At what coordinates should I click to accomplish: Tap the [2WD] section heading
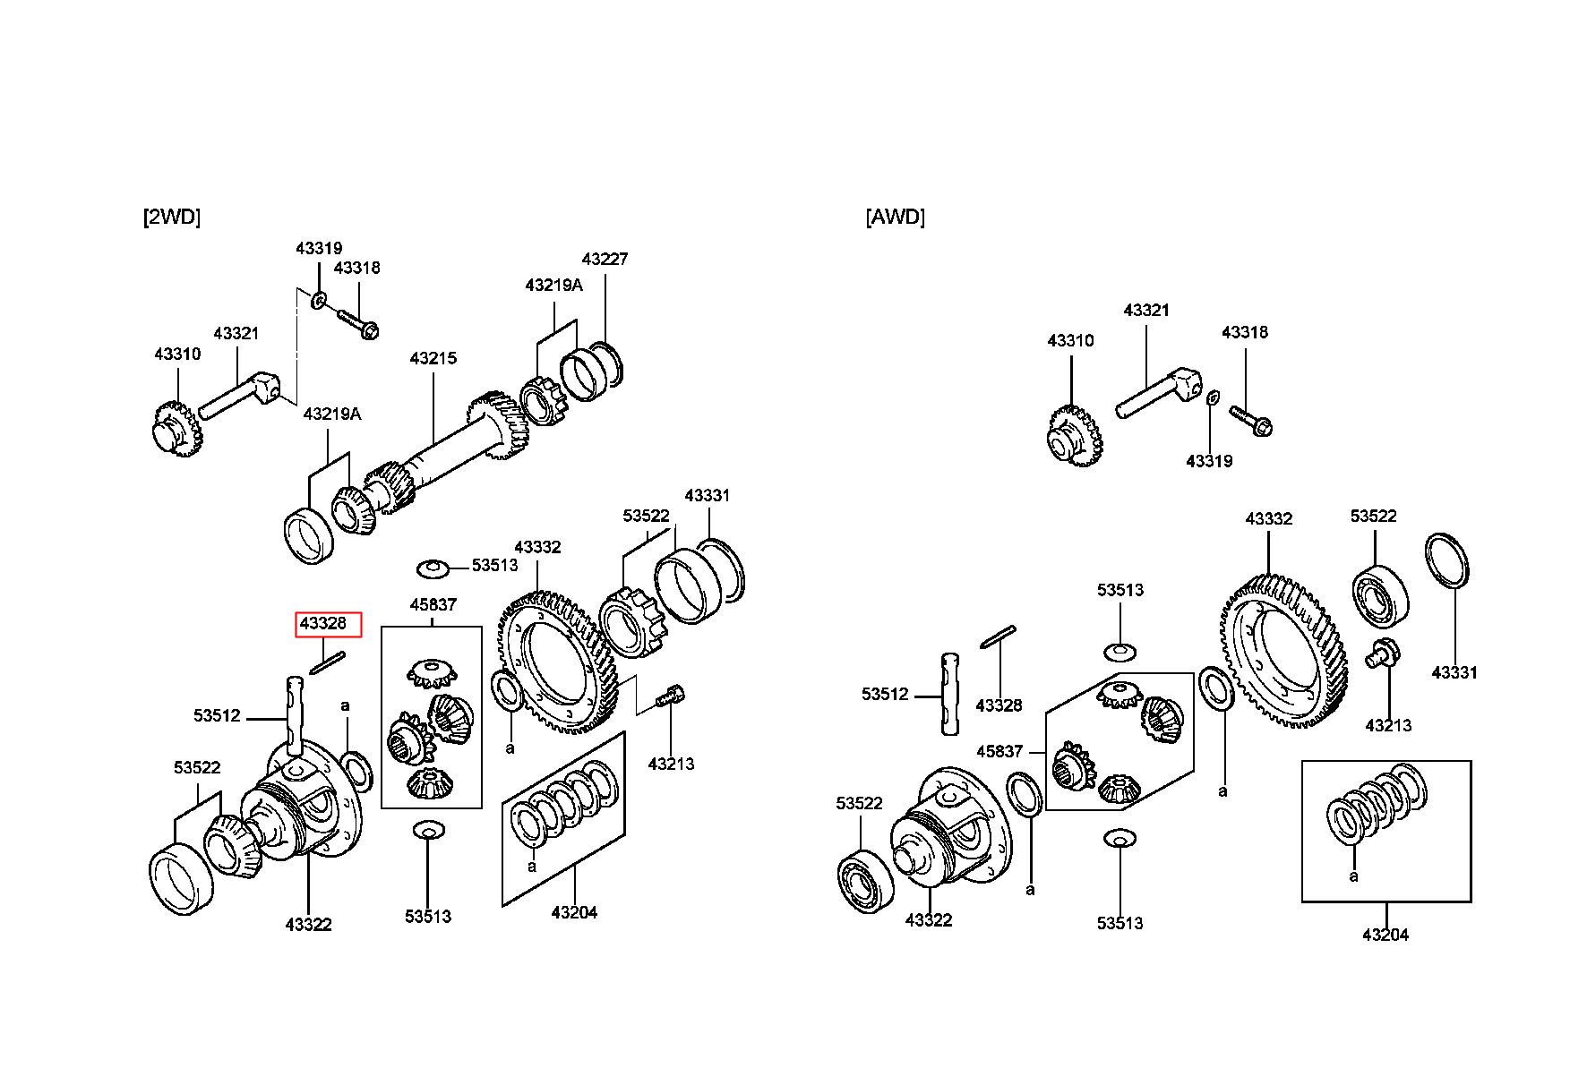(x=171, y=217)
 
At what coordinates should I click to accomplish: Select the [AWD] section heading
(x=895, y=217)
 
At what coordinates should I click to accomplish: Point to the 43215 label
(x=433, y=358)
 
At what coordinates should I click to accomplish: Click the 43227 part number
(x=605, y=259)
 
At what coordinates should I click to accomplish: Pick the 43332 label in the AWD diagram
(x=1269, y=519)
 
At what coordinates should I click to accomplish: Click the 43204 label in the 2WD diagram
(x=574, y=912)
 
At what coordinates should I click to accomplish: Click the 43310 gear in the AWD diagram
(x=1074, y=437)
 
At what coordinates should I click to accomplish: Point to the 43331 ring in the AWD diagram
(x=1447, y=561)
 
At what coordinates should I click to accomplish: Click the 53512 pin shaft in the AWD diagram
(x=951, y=694)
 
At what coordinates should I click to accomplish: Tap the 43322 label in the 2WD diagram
(x=308, y=925)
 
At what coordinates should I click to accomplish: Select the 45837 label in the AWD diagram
(x=999, y=751)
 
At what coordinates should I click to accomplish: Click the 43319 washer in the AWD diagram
(x=1212, y=397)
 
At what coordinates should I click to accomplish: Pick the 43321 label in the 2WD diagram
(x=236, y=334)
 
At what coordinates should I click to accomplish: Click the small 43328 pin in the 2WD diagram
(x=327, y=663)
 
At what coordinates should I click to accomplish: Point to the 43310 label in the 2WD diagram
(x=177, y=354)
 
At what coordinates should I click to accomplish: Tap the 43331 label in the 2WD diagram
(x=708, y=495)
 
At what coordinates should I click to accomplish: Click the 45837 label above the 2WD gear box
(x=433, y=605)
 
